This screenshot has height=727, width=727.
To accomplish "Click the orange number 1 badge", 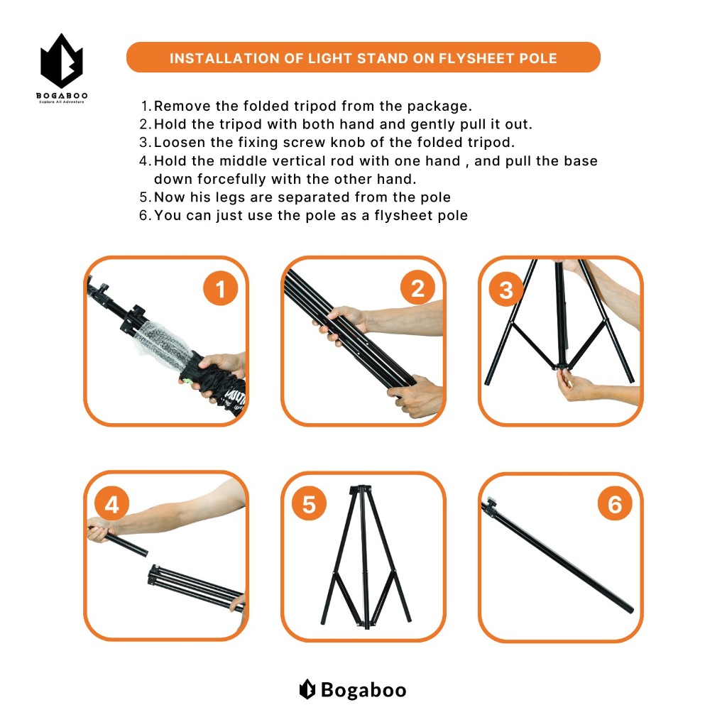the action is click(220, 288).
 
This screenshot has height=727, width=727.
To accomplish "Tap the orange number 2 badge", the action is click(417, 288).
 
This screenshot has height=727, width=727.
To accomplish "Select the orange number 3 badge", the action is click(505, 289).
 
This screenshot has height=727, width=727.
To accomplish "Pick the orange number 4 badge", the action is click(111, 504).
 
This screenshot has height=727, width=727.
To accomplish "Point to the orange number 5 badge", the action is click(309, 503).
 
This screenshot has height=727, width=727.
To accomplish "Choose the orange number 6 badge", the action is click(615, 503).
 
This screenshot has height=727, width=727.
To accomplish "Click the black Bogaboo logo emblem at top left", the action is click(62, 61).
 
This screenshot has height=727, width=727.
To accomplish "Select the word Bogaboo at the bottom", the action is click(363, 690).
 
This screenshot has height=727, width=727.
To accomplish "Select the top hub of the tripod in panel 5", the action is click(361, 490).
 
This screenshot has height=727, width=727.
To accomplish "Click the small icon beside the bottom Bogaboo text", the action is click(307, 689).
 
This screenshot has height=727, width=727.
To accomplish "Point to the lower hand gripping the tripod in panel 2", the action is click(415, 394).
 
